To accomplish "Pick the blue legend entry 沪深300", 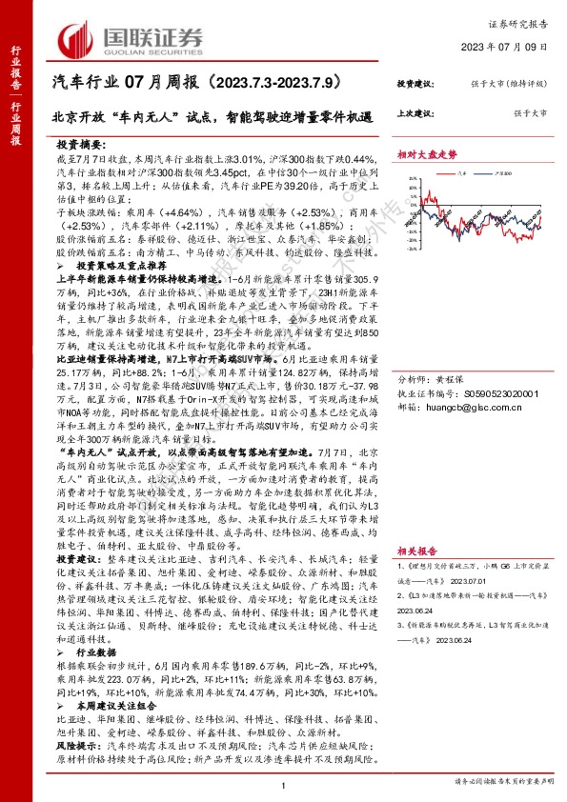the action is [x=502, y=174].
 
